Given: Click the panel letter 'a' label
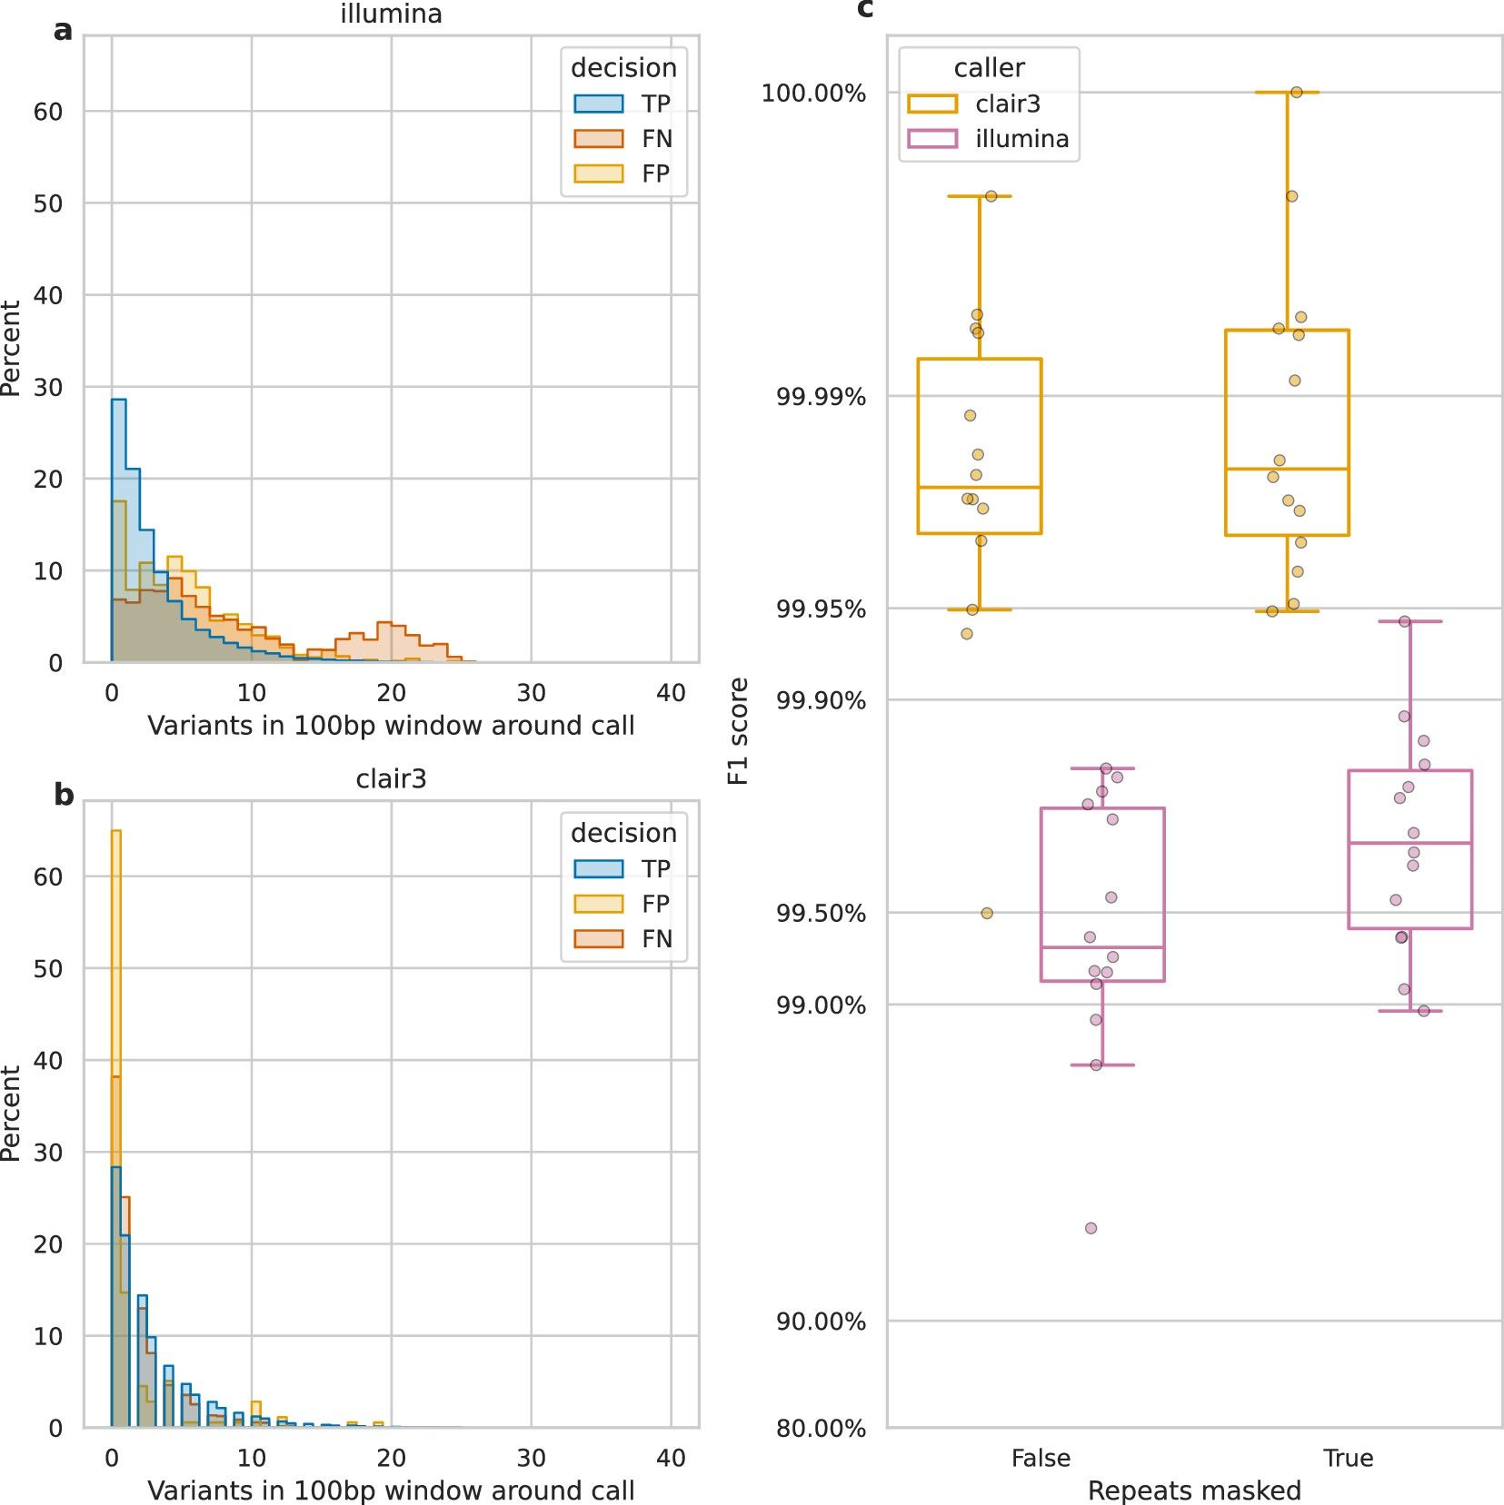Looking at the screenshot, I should pos(63,31).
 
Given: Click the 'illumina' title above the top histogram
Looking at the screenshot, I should pos(391,14).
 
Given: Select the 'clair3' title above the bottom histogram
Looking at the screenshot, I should pos(391,779).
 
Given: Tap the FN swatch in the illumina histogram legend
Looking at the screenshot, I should pos(598,139).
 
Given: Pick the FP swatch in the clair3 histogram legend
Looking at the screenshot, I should pos(598,904).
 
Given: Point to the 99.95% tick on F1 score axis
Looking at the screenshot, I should pos(821,609).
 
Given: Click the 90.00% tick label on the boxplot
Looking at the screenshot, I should pos(821,1322).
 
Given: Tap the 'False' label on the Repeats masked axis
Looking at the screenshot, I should pos(1041,1458).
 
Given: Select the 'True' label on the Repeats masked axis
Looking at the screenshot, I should pos(1348,1458).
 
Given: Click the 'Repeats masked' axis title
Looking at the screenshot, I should pos(1194,1490).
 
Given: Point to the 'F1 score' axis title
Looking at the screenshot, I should pos(739,731).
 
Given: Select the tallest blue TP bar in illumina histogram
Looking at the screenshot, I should pos(118,527).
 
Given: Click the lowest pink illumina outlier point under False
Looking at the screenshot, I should pos(1091,1228).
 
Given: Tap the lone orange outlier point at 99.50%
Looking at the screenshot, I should pos(987,913).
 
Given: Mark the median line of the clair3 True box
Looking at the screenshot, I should pos(1287,469).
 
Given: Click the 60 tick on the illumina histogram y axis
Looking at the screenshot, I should pos(48,112).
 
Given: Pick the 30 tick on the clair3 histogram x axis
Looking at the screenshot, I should pos(531,1458).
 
